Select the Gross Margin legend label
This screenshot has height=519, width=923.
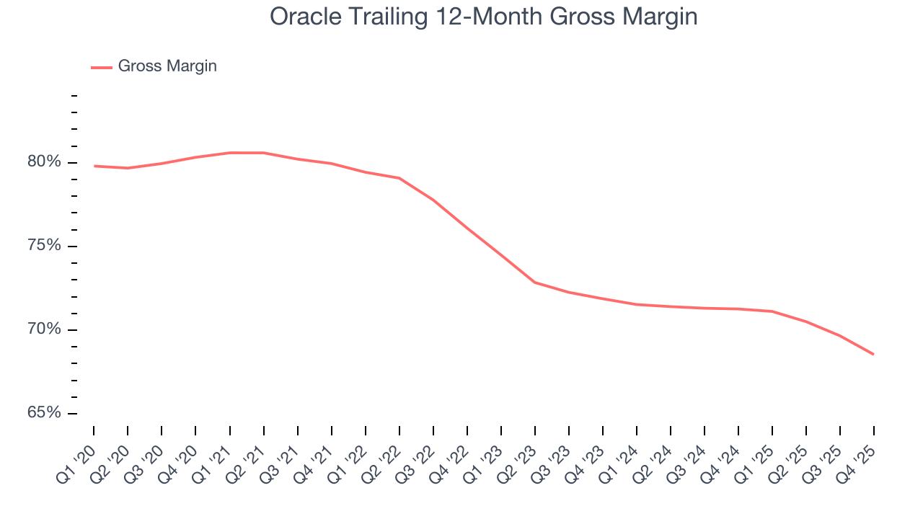coord(167,66)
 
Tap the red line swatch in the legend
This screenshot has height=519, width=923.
coord(102,67)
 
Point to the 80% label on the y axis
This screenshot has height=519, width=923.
coord(44,162)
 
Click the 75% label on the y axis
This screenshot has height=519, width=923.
coord(44,246)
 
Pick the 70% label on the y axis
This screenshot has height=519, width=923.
coord(44,329)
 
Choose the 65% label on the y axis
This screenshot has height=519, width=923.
coord(44,413)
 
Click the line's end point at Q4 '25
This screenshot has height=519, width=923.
coord(874,354)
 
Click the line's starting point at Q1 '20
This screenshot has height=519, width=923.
coord(94,166)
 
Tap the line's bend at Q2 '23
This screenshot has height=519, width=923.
coord(535,282)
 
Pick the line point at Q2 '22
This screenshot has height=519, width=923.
coord(399,178)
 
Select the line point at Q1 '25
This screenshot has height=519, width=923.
coord(772,311)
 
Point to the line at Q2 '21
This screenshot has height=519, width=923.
coord(264,153)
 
